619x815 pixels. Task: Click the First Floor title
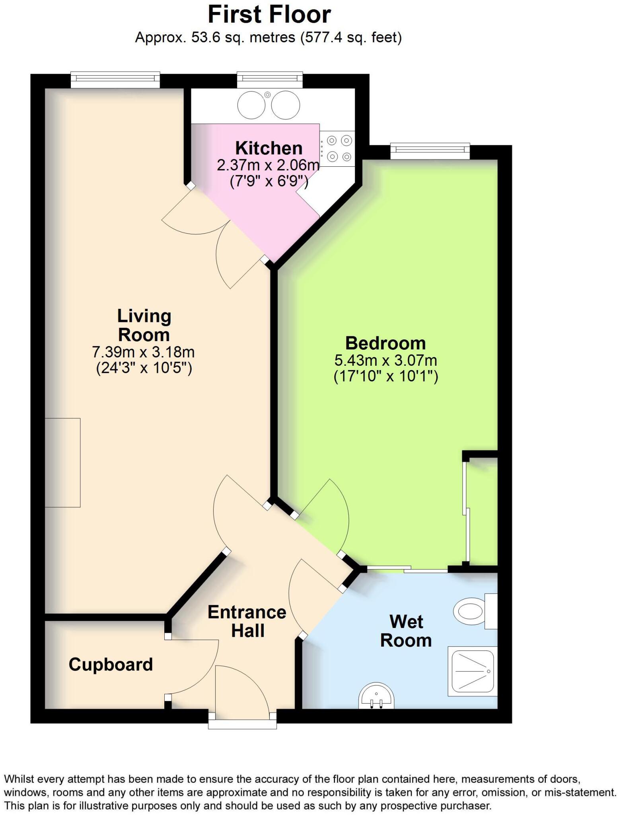pyautogui.click(x=269, y=15)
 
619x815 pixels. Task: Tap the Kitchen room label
pyautogui.click(x=269, y=148)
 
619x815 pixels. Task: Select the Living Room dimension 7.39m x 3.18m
pyautogui.click(x=143, y=352)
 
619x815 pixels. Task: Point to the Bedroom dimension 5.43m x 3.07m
pyautogui.click(x=385, y=360)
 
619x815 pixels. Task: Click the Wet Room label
pyautogui.click(x=406, y=631)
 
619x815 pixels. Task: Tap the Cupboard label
pyautogui.click(x=111, y=664)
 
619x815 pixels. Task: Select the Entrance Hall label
pyautogui.click(x=247, y=621)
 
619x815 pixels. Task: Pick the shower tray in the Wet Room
pyautogui.click(x=472, y=671)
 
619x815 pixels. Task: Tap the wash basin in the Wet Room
pyautogui.click(x=376, y=696)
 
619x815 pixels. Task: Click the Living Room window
pyautogui.click(x=115, y=79)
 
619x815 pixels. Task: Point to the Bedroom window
pyautogui.click(x=430, y=151)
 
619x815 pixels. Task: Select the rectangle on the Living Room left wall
pyautogui.click(x=63, y=462)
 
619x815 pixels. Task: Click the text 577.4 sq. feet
pyautogui.click(x=351, y=38)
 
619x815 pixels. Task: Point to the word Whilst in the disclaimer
pyautogui.click(x=17, y=779)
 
